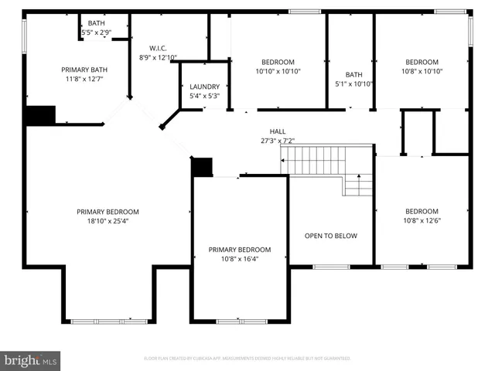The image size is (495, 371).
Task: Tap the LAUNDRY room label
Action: point(204,87)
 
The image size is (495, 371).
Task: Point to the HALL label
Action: point(278,131)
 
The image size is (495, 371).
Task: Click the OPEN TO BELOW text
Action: point(330,236)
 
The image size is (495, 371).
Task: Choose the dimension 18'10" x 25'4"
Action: point(107,221)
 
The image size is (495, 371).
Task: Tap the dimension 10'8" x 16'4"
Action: point(239,259)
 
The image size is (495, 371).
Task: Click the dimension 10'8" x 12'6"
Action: point(422,220)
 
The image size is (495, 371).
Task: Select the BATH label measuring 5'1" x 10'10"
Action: point(353,75)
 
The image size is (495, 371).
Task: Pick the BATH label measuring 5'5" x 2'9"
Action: point(97,24)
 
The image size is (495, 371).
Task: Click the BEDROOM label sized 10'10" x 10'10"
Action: point(277,62)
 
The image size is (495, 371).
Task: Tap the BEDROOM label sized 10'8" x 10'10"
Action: point(422,62)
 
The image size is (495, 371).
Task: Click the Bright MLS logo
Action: point(31,360)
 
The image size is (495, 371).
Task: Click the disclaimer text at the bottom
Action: point(247,359)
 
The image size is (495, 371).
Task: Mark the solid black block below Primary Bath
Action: point(39,115)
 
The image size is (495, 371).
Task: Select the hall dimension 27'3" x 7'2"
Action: point(278,141)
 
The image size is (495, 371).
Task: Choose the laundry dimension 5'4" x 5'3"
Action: point(204,96)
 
